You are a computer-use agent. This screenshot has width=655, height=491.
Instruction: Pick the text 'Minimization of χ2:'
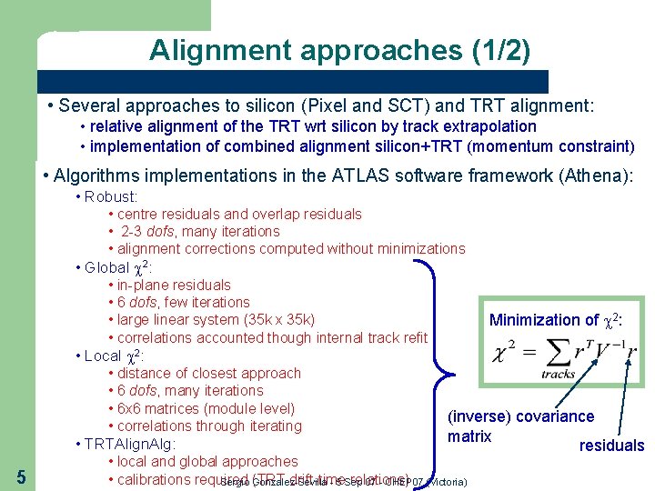coord(556,319)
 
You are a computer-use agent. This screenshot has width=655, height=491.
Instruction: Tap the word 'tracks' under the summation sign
coord(558,374)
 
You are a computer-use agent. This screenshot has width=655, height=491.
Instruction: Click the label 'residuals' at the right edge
coord(611,446)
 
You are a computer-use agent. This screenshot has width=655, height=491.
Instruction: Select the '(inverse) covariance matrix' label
coord(519,426)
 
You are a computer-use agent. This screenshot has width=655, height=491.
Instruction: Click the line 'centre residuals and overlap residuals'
coord(239,215)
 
